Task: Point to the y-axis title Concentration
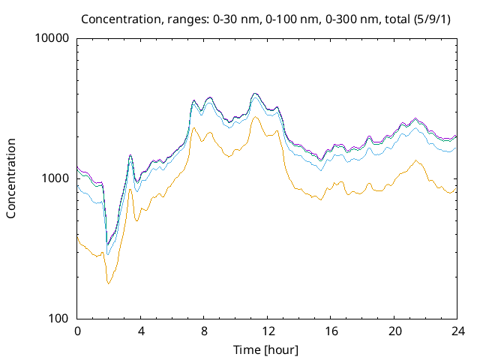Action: (x=11, y=178)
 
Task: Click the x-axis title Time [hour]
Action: (x=267, y=349)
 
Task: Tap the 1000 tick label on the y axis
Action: (x=55, y=178)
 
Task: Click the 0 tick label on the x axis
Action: (x=77, y=331)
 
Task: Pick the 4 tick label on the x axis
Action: (x=141, y=331)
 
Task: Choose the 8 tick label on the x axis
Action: (x=204, y=331)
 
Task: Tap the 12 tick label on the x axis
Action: (x=267, y=331)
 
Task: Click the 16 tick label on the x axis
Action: (x=331, y=331)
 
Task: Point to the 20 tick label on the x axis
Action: (x=394, y=331)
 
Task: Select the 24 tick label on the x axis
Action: (x=457, y=331)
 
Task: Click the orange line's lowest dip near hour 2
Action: (x=109, y=283)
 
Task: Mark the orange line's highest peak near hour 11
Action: (x=255, y=117)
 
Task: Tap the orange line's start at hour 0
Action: (x=78, y=235)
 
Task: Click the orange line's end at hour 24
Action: (x=456, y=188)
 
